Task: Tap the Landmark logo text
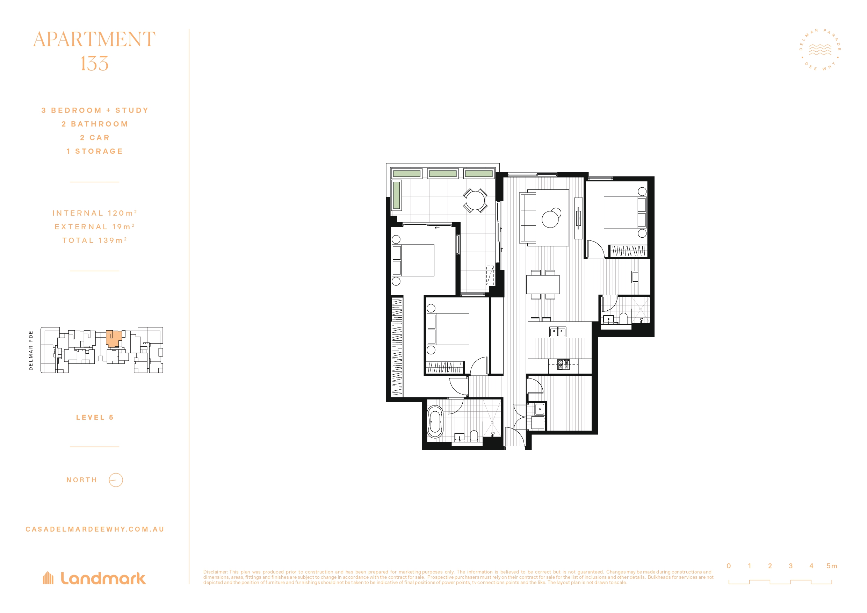pyautogui.click(x=103, y=578)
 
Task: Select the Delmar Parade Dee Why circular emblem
pyautogui.click(x=820, y=50)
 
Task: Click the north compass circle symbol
pyautogui.click(x=116, y=480)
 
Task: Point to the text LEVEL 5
pyautogui.click(x=95, y=417)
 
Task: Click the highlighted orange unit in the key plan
pyautogui.click(x=113, y=338)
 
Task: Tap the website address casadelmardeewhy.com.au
pyautogui.click(x=95, y=529)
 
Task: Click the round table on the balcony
pyautogui.click(x=475, y=200)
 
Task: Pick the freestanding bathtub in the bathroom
pyautogui.click(x=435, y=422)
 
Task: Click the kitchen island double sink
pyautogui.click(x=558, y=332)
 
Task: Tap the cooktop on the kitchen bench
pyautogui.click(x=563, y=365)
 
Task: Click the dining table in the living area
pyautogui.click(x=543, y=284)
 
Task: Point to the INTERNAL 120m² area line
pyautogui.click(x=94, y=213)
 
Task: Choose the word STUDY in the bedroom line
pyautogui.click(x=132, y=110)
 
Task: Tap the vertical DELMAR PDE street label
pyautogui.click(x=31, y=351)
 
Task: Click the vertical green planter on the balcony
pyautogui.click(x=397, y=195)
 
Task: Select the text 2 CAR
pyautogui.click(x=95, y=137)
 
